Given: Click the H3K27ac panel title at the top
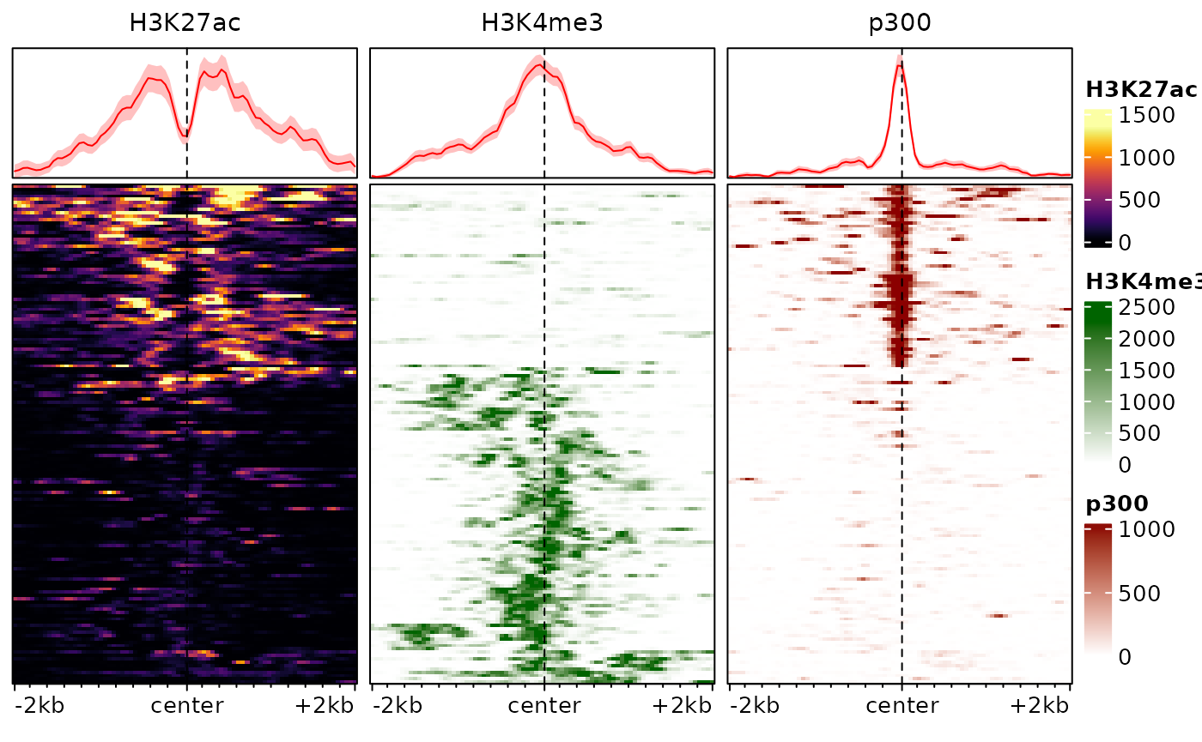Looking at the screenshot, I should (185, 23).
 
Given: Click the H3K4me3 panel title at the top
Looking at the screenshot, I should (542, 23).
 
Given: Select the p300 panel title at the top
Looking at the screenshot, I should (900, 23).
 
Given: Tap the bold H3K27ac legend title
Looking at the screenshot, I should (1141, 89).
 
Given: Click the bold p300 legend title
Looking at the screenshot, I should (1117, 504).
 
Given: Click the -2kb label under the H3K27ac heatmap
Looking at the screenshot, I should (40, 706).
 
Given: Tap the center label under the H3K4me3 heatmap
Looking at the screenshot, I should (544, 706).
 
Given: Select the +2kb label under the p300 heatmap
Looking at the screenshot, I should (1040, 706).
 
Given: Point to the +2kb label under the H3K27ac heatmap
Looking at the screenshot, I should (325, 706).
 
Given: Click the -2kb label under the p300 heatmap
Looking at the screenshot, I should (756, 706).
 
